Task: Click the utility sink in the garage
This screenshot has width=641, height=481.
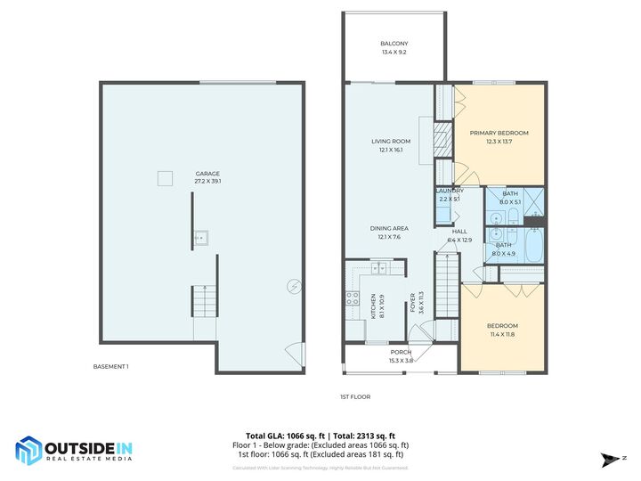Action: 203,237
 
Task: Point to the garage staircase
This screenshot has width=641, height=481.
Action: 205,303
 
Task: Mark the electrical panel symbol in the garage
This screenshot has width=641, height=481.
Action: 293,286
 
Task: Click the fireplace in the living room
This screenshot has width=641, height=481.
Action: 438,139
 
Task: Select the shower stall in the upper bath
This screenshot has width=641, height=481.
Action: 532,203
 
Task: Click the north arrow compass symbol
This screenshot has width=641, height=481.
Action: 609,461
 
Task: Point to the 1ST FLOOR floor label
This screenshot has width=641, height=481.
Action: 354,396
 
